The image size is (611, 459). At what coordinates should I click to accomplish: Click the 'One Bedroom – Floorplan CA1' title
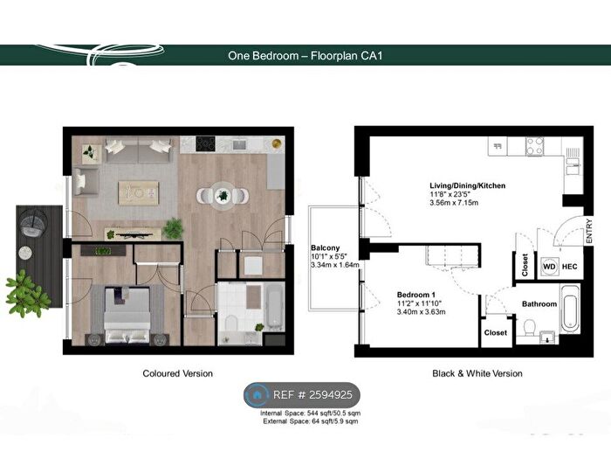[x=305, y=56]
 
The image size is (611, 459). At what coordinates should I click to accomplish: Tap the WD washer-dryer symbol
[x=549, y=267]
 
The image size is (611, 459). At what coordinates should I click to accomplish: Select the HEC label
[x=569, y=267]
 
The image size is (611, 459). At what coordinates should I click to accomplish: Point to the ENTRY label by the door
[x=588, y=231]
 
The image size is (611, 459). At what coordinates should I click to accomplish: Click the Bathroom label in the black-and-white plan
[x=539, y=304]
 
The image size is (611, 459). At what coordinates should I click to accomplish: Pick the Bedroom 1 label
[x=416, y=296]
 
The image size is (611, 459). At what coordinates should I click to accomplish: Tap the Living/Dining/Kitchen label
[x=467, y=185]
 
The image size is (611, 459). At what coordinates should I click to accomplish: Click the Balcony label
[x=325, y=247]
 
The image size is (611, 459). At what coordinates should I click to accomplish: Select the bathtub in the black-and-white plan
[x=570, y=308]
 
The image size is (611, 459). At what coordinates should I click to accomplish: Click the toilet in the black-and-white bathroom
[x=530, y=328]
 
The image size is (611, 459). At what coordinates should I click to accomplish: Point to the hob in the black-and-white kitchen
[x=534, y=146]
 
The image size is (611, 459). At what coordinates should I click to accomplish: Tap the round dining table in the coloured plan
[x=223, y=196]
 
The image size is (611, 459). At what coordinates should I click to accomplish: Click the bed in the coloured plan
[x=127, y=315]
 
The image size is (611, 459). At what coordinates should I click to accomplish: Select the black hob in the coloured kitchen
[x=205, y=143]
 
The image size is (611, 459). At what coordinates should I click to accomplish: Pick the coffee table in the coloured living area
[x=139, y=193]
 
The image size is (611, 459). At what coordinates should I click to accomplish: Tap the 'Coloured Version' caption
[x=178, y=373]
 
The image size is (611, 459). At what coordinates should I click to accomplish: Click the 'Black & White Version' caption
[x=477, y=373]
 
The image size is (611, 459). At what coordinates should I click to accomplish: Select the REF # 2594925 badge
[x=302, y=395]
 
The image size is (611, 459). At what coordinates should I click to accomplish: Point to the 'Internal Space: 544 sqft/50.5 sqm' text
[x=311, y=413]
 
